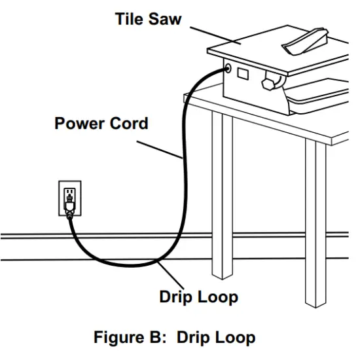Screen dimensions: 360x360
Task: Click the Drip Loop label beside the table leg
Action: point(198,297)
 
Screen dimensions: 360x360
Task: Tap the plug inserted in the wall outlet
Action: point(68,208)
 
